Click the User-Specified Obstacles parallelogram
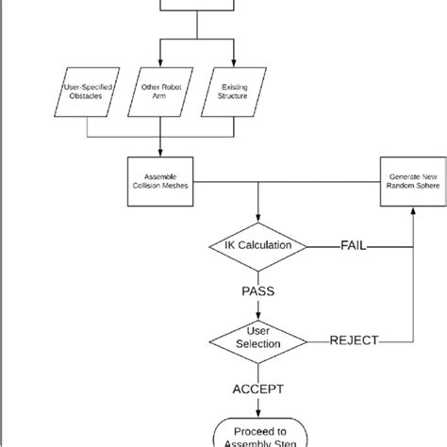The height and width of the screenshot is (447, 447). coord(87,94)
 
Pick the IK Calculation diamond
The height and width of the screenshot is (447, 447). coord(257,246)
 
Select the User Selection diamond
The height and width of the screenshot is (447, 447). coord(257,339)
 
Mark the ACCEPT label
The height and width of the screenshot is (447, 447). coord(257,388)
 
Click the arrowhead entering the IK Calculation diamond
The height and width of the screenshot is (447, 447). coord(257,222)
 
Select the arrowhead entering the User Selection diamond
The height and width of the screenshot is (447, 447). coord(257,315)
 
